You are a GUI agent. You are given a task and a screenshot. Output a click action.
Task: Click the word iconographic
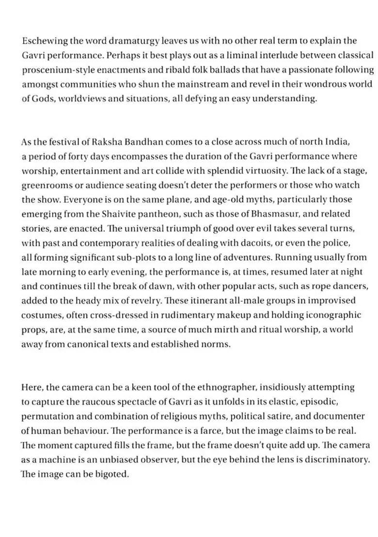333,315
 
